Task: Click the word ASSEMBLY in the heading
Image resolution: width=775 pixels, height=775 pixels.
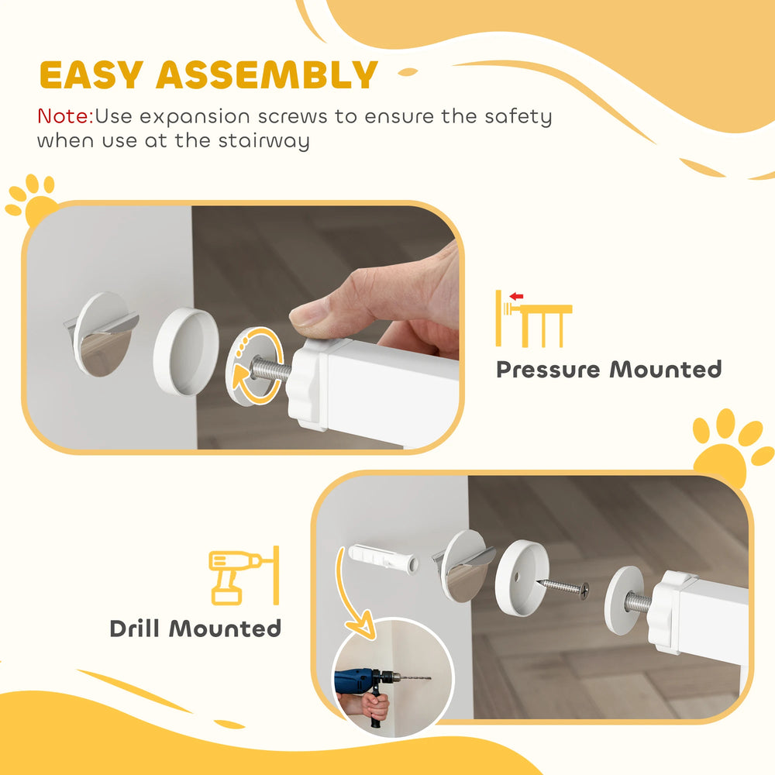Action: [x=267, y=75]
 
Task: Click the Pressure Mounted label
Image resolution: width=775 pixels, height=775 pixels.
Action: [x=608, y=369]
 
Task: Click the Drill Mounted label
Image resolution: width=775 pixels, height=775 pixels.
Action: [x=195, y=628]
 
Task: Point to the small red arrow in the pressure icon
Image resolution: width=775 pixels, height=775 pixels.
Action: [x=516, y=296]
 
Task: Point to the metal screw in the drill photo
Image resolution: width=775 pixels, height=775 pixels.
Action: [x=563, y=587]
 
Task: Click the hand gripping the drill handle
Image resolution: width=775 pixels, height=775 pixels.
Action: [x=375, y=705]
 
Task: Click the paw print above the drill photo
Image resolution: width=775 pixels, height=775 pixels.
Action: [x=728, y=446]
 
